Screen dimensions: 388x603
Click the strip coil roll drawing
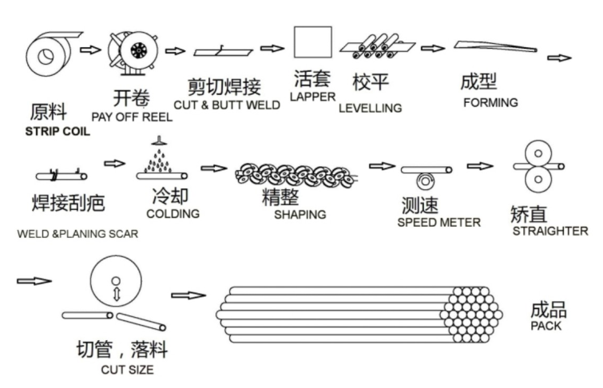[x=50, y=56]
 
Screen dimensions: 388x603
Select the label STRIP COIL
[x=58, y=132]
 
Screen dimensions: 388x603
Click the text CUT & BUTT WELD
[x=227, y=105]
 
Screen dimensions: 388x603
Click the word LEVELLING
[x=370, y=108]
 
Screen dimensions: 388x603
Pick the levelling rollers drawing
[x=375, y=47]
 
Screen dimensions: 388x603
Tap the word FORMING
[x=490, y=102]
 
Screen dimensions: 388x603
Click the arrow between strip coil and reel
[x=92, y=49]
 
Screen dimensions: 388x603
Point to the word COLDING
[x=173, y=213]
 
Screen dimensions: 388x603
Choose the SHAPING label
[x=300, y=214]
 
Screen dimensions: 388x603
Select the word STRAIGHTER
[x=552, y=231]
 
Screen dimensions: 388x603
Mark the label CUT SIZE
[x=127, y=370]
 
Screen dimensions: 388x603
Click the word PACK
[x=545, y=326]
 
